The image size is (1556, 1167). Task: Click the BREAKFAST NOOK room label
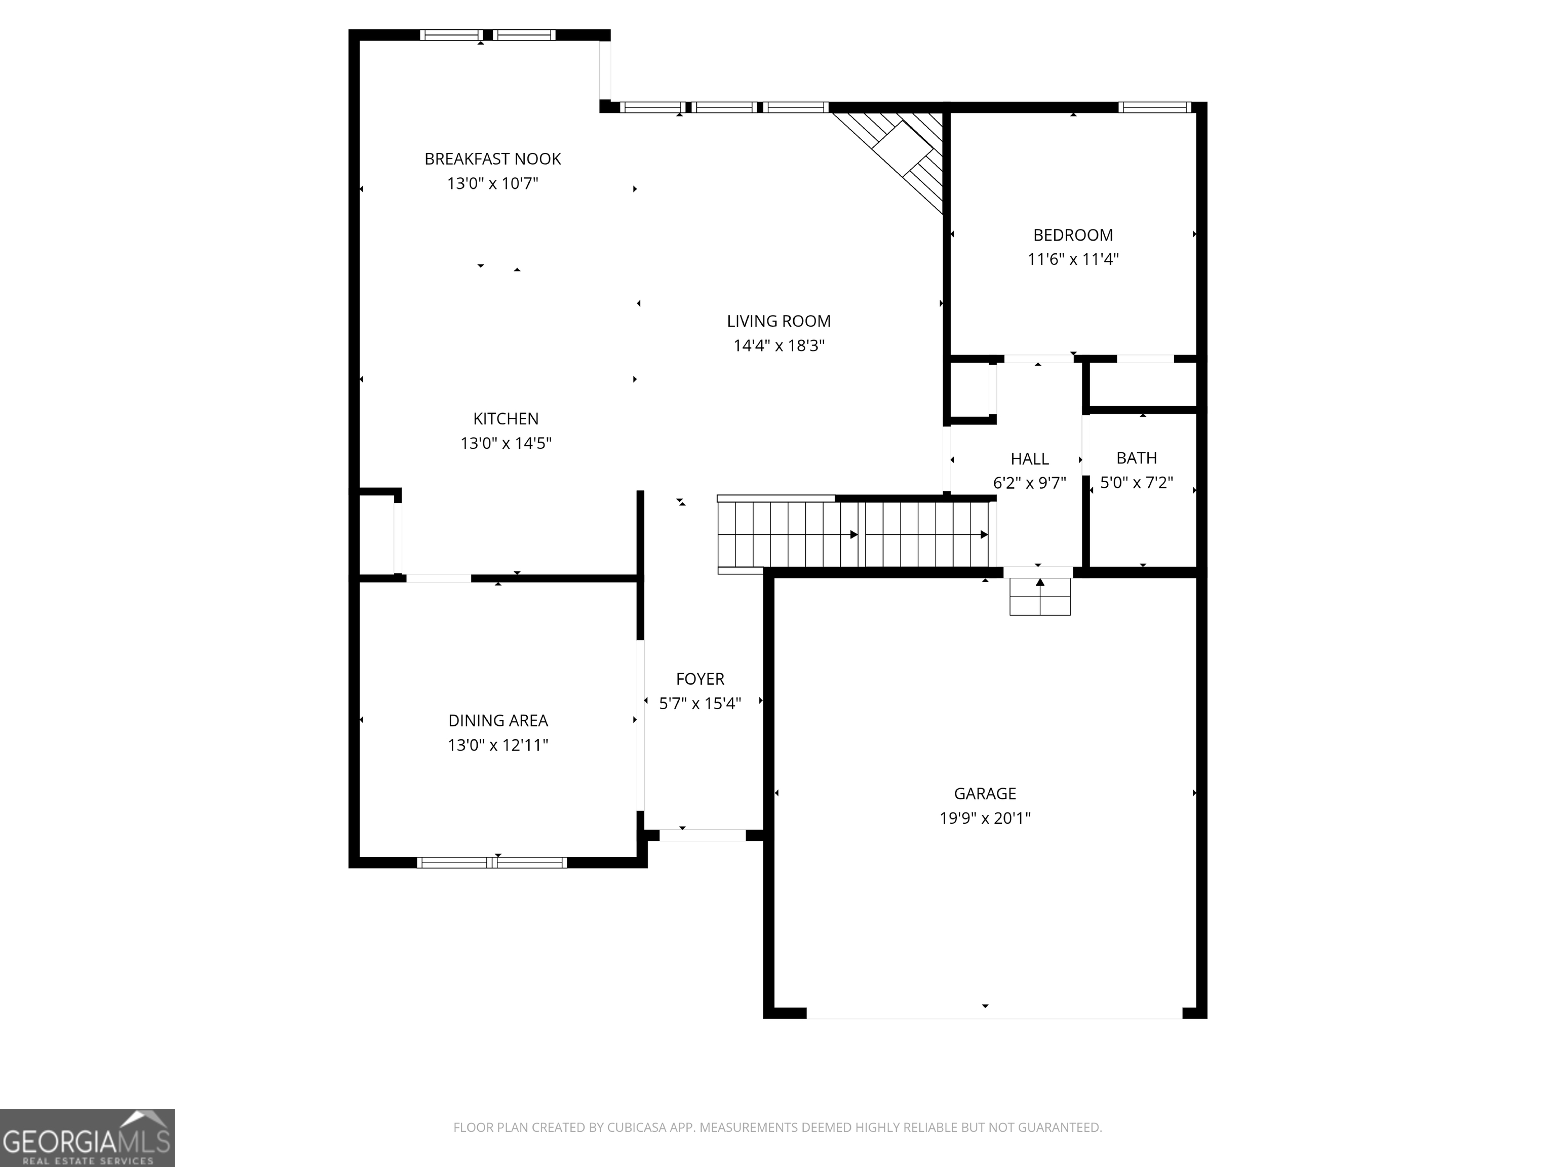tap(492, 159)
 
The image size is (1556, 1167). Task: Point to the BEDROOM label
tap(1073, 235)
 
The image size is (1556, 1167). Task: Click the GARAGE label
tap(985, 794)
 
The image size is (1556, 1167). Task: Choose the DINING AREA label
tap(498, 720)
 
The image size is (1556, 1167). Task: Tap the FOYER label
tap(700, 679)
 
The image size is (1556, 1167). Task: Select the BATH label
tap(1137, 458)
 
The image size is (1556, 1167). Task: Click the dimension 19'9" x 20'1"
tap(985, 818)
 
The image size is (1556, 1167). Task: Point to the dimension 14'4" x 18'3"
tap(779, 346)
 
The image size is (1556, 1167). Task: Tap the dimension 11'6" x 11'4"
tap(1073, 259)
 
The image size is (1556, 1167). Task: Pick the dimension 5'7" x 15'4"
tap(700, 704)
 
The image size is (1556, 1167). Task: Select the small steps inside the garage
tap(1040, 597)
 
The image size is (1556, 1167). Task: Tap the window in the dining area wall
tap(492, 863)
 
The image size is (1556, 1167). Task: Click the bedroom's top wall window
tap(1154, 107)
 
